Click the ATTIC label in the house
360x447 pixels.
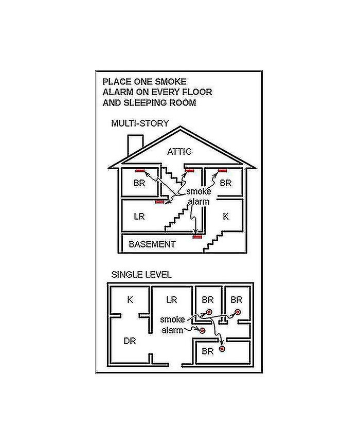pyautogui.click(x=179, y=151)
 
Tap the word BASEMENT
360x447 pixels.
pyautogui.click(x=152, y=244)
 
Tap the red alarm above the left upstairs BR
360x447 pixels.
pyautogui.click(x=140, y=170)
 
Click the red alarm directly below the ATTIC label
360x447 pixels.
pyautogui.click(x=189, y=170)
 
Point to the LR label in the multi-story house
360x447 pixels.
pyautogui.click(x=139, y=217)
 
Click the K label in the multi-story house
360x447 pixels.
pyautogui.click(x=225, y=217)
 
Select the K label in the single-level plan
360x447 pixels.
pyautogui.click(x=130, y=299)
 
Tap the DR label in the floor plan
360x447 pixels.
pyautogui.click(x=130, y=341)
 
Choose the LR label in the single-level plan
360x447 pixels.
pyautogui.click(x=172, y=299)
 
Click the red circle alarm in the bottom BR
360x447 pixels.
pyautogui.click(x=222, y=349)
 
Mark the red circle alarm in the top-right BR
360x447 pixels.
pyautogui.click(x=238, y=312)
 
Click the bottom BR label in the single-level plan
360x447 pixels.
pyautogui.click(x=207, y=352)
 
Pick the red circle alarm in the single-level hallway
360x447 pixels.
pyautogui.click(x=202, y=330)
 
